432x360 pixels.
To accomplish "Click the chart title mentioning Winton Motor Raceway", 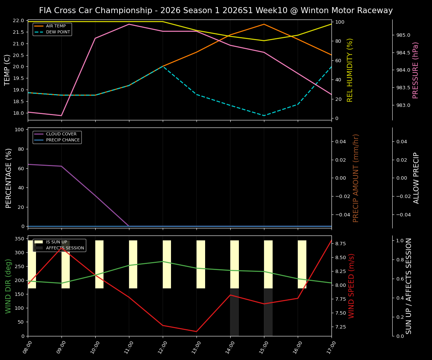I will point(216,10).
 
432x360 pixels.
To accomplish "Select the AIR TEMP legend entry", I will point(56,26).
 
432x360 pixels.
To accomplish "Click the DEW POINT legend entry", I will point(58,32).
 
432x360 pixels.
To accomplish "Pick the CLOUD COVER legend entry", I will point(61,134).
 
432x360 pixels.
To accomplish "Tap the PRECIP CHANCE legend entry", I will point(63,140).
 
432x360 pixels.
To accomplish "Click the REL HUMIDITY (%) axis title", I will point(350,70).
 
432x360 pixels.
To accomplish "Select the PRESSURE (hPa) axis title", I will point(415,70).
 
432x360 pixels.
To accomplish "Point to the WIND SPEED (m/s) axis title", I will point(351,286).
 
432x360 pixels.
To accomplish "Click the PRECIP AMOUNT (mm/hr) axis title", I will point(356,178).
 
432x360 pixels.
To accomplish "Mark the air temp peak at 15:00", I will point(264,24).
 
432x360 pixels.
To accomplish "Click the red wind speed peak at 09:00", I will point(61,247).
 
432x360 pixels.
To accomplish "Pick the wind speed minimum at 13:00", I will point(196,331).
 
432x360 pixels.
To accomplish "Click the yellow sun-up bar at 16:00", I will point(302,264).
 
